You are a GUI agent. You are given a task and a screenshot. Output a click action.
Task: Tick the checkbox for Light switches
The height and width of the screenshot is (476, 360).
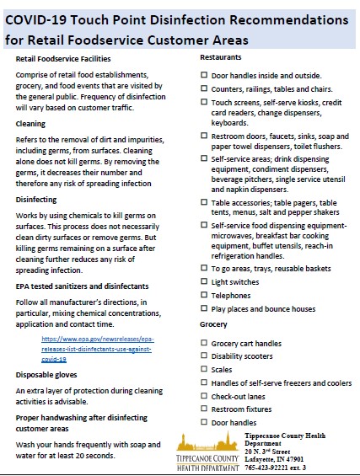point(204,282)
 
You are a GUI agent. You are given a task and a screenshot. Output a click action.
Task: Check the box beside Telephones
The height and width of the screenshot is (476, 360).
point(204,296)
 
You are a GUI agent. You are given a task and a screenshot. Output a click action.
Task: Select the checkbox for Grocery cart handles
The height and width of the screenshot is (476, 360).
point(204,343)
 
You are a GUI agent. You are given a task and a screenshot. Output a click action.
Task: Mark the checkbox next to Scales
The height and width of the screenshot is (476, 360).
point(204,369)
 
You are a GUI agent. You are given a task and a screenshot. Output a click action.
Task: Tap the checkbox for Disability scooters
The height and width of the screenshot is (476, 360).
point(204,356)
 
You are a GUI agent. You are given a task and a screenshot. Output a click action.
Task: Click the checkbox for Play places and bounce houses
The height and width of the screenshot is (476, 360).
point(204,309)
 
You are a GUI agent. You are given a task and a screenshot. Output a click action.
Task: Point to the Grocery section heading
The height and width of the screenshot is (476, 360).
point(213,324)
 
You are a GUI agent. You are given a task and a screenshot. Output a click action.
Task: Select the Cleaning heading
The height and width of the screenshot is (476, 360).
point(31,123)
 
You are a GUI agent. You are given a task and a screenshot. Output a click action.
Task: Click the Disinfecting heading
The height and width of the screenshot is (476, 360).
point(36,200)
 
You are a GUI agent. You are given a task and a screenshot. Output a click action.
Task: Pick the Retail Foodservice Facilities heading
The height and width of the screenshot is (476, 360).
point(63,59)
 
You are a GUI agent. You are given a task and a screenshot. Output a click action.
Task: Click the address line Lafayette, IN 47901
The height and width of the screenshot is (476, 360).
point(275,458)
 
